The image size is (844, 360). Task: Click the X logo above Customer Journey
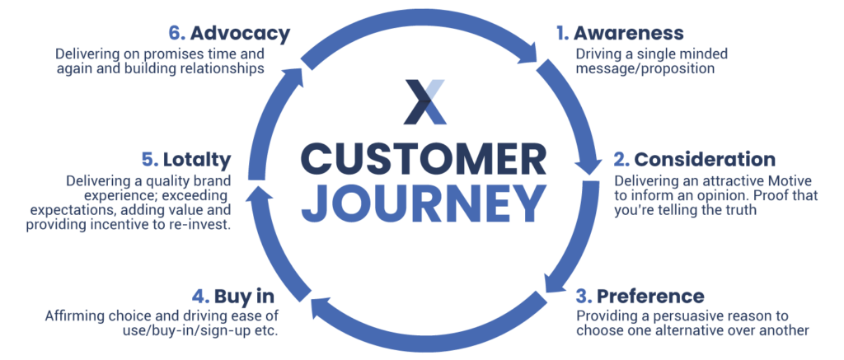click(422, 101)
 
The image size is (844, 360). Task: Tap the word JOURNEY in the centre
click(422, 201)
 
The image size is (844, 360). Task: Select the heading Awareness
click(628, 34)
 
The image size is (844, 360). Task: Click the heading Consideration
click(706, 159)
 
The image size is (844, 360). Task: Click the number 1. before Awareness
click(562, 34)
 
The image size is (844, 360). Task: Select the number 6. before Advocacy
click(176, 34)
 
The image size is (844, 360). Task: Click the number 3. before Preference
click(584, 296)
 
